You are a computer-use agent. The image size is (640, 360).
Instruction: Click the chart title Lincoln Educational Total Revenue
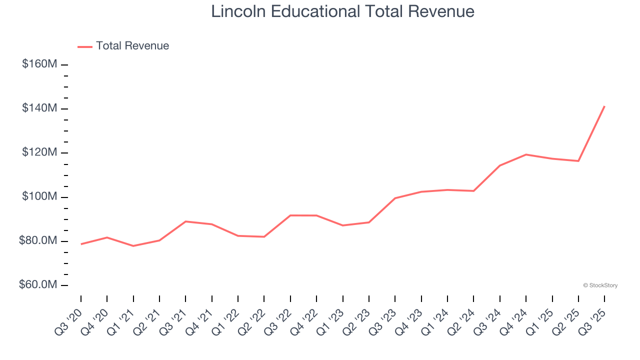coord(342,11)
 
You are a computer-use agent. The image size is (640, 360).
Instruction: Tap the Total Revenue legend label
coord(132,46)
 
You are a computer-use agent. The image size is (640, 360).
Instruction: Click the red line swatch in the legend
coord(85,46)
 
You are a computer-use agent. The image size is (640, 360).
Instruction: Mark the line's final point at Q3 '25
coord(604,106)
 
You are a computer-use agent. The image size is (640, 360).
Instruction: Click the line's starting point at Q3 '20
coord(81,244)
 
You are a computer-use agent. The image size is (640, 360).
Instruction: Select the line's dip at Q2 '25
coord(578,161)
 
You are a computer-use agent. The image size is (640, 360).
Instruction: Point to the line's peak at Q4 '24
coord(526,154)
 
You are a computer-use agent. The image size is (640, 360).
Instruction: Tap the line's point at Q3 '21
coord(185,221)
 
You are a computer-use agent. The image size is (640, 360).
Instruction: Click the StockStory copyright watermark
coord(600,285)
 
